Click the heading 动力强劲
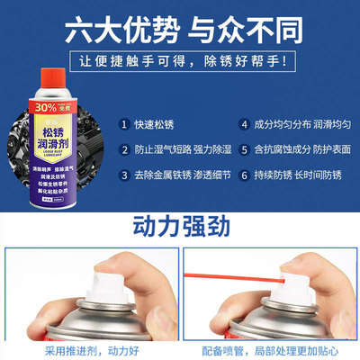pos(180,224)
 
